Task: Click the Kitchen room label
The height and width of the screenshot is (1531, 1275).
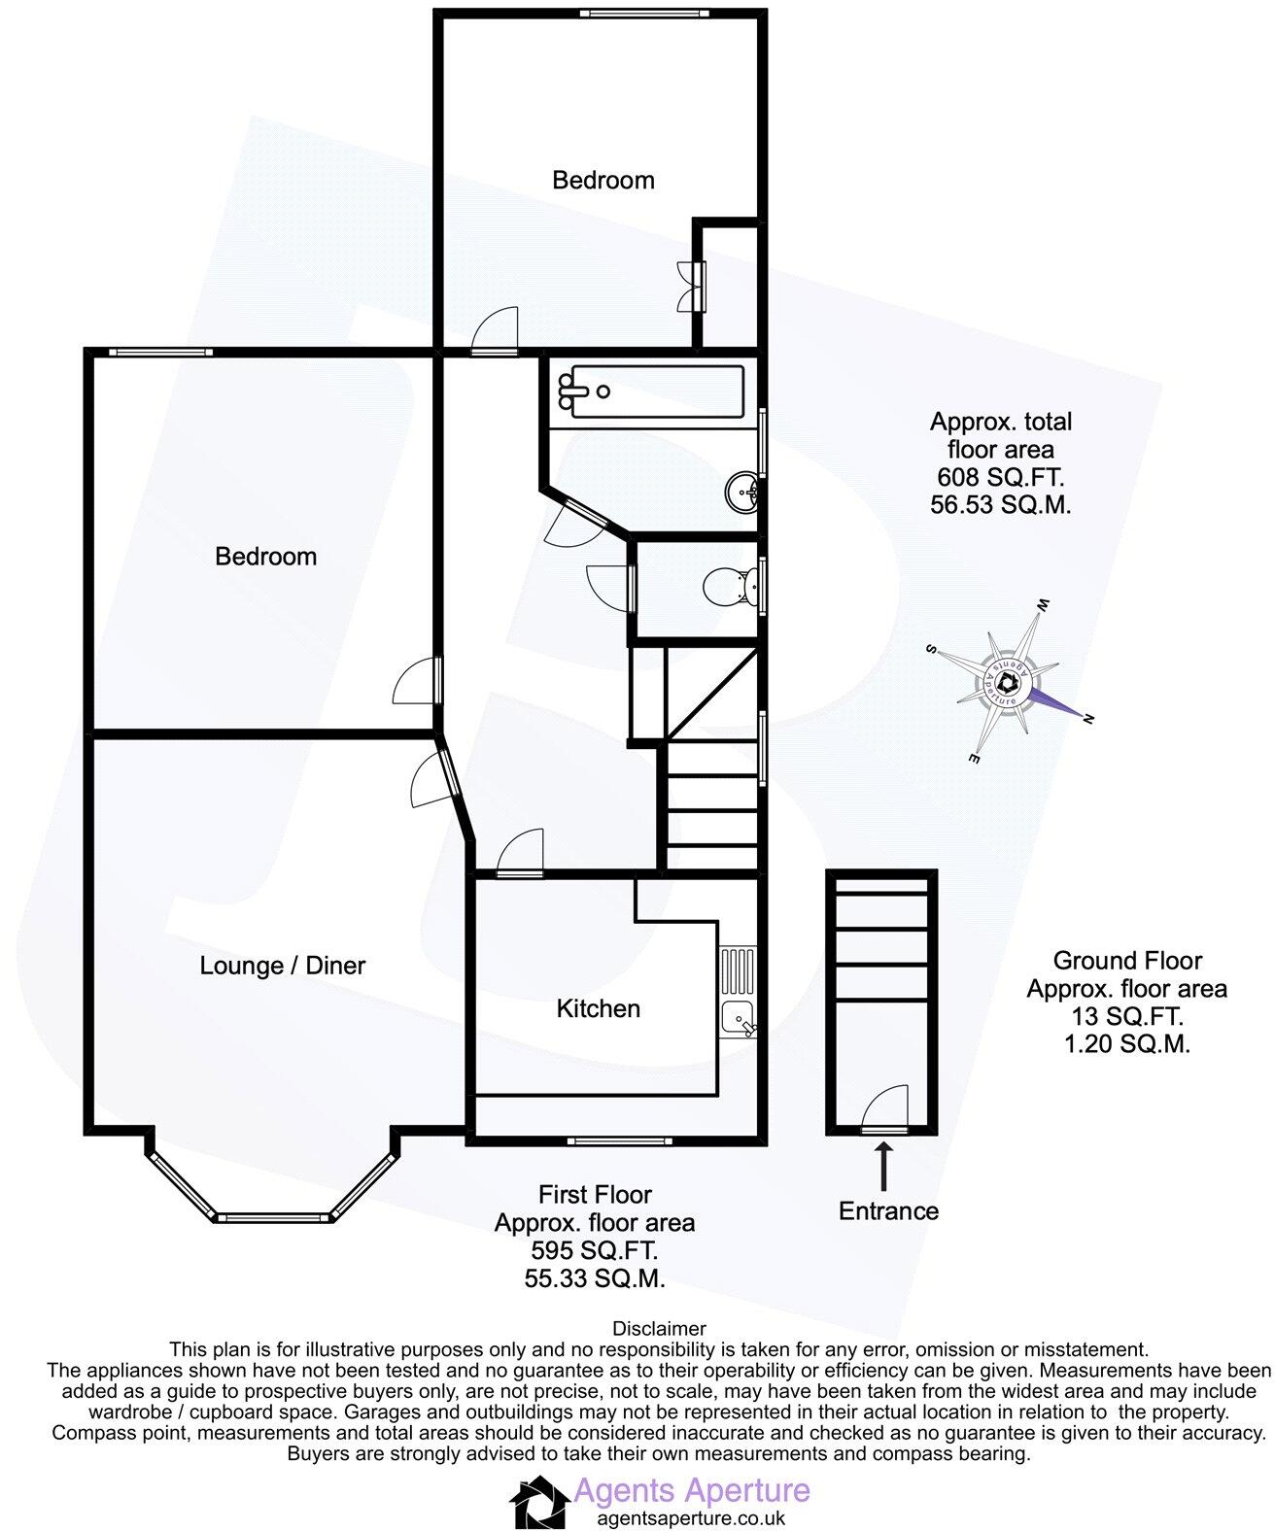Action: click(x=598, y=1008)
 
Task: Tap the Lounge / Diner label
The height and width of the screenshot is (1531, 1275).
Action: click(x=282, y=966)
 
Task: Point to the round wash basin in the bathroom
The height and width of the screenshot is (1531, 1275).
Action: click(x=742, y=492)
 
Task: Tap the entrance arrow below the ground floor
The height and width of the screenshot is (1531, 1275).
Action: click(x=883, y=1167)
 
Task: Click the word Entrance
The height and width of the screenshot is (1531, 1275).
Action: click(x=888, y=1211)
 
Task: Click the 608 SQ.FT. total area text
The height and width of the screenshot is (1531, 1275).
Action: click(x=1000, y=477)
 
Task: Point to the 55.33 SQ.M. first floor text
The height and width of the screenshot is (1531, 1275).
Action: click(x=595, y=1279)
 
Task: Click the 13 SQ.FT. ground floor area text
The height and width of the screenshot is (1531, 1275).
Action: click(x=1126, y=1017)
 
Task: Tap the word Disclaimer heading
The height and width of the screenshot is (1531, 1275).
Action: click(x=659, y=1328)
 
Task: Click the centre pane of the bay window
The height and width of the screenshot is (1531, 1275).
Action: click(x=271, y=1216)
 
